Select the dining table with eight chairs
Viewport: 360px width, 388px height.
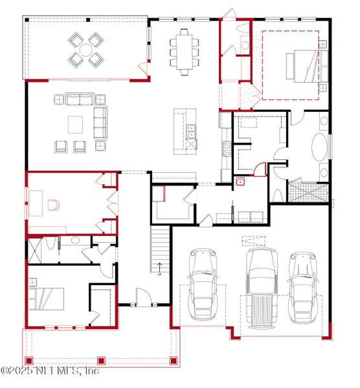pyautogui.click(x=184, y=48)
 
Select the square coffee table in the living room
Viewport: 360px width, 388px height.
pyautogui.click(x=76, y=124)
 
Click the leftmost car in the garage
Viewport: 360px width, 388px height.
pyautogui.click(x=202, y=285)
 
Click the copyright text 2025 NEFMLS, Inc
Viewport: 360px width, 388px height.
pyautogui.click(x=50, y=371)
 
